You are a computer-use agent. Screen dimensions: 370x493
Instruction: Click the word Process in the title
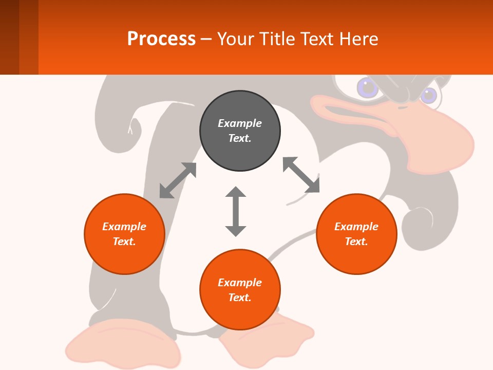(161, 39)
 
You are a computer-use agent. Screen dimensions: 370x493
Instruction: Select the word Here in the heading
(358, 39)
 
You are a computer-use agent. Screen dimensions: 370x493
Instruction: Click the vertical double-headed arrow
(236, 211)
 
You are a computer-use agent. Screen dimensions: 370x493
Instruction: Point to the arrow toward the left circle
(178, 180)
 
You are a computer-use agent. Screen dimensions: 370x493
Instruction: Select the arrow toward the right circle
(301, 175)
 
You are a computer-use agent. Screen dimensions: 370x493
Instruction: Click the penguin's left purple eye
(368, 88)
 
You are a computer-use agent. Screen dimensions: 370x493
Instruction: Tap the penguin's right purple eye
(428, 95)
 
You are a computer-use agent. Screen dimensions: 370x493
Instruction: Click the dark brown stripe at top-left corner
(9, 37)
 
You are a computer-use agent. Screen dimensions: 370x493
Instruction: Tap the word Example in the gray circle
(240, 123)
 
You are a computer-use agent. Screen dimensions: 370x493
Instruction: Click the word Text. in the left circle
(124, 242)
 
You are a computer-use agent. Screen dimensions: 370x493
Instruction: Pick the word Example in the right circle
(356, 227)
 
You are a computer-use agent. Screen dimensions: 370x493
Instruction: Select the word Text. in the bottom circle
(240, 298)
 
